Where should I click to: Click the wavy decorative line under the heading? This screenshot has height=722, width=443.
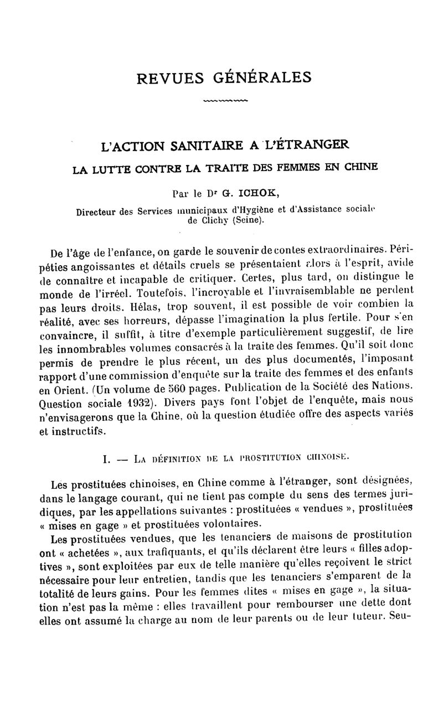click(225, 101)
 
